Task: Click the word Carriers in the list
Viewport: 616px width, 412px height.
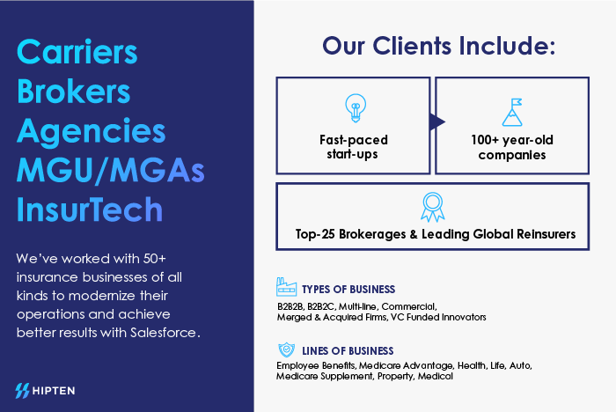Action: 77,51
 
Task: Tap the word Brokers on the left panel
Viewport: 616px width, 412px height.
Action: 73,91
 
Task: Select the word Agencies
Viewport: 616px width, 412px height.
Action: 92,132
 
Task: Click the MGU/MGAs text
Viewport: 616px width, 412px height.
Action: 110,170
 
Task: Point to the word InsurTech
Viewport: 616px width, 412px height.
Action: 90,209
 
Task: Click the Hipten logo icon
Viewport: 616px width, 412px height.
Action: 22,391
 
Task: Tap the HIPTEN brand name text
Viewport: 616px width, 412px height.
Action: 54,391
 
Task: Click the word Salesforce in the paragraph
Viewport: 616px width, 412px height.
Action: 163,333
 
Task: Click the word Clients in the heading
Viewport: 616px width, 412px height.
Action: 412,46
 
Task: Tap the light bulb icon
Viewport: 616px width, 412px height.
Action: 356,108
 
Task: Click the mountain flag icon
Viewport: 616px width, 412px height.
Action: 512,112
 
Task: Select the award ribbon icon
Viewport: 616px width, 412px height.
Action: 433,207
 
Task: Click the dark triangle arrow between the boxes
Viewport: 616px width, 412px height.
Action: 436,121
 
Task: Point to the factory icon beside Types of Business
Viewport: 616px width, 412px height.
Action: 286,287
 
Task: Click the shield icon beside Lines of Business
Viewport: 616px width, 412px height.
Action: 286,349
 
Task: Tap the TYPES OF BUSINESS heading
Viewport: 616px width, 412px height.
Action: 348,290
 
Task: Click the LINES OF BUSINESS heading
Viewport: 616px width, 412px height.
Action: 348,350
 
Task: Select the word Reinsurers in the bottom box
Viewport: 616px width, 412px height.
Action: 546,234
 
